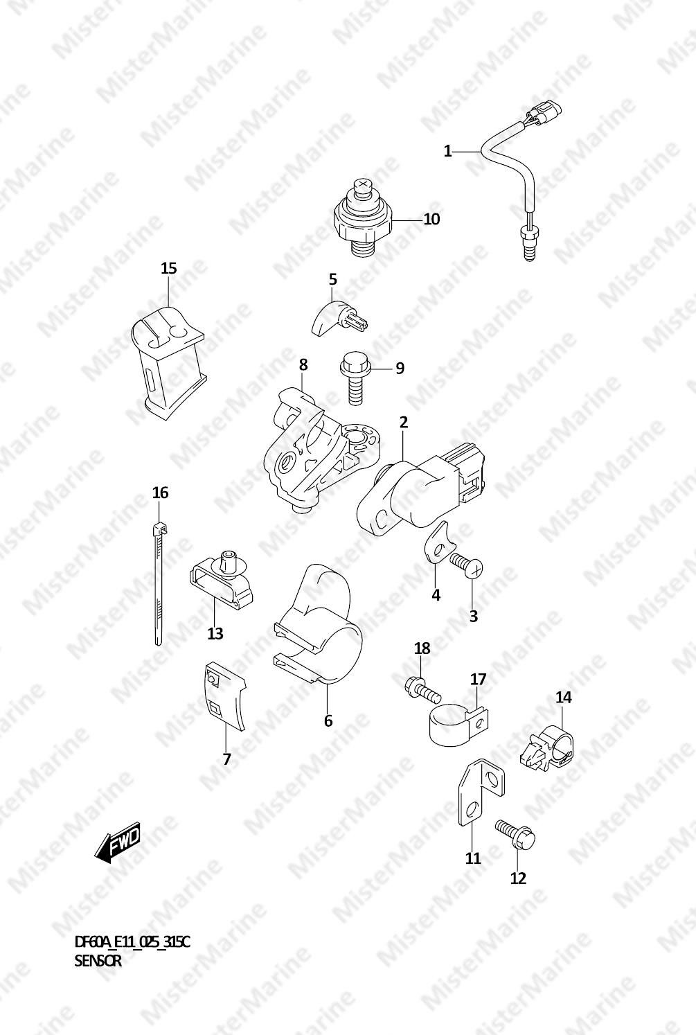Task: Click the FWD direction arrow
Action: click(x=117, y=843)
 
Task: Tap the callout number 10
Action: click(x=432, y=219)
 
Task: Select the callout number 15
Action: click(x=168, y=268)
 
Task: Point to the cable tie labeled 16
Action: click(x=158, y=583)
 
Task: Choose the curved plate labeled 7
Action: click(x=225, y=698)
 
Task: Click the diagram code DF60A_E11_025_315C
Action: click(x=132, y=941)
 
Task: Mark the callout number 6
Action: click(x=328, y=720)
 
